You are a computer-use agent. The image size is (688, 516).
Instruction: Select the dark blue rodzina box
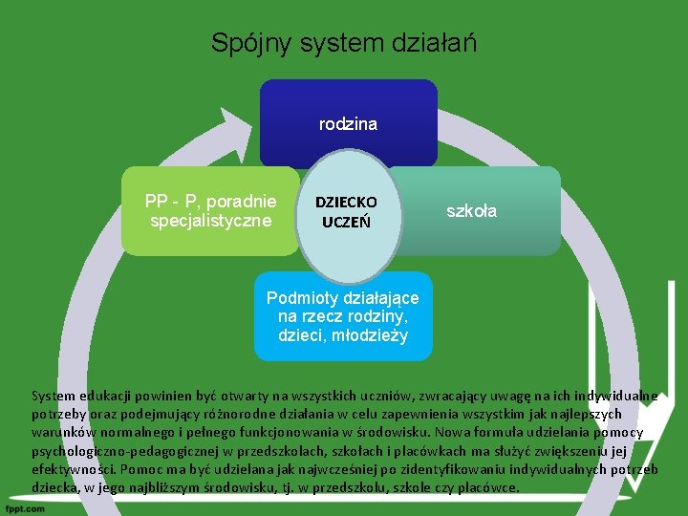[x=348, y=105]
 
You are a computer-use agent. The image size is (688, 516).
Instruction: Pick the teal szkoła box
[x=497, y=234]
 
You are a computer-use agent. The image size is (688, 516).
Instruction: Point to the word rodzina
[x=348, y=124]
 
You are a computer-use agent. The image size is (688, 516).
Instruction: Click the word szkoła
[x=472, y=211]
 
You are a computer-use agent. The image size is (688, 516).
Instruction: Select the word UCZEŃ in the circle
[x=346, y=222]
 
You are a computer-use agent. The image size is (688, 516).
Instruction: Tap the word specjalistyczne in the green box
[x=211, y=221]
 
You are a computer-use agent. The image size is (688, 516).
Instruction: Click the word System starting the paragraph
[x=53, y=396]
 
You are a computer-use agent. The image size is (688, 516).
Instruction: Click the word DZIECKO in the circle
[x=346, y=203]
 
